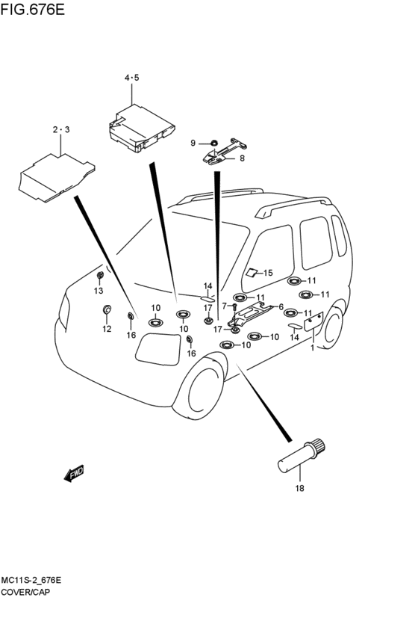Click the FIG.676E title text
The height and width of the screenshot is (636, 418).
pyautogui.click(x=32, y=9)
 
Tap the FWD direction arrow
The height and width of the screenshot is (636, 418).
pyautogui.click(x=74, y=473)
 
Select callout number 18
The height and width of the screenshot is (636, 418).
pyautogui.click(x=299, y=488)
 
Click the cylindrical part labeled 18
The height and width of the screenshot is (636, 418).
pyautogui.click(x=302, y=454)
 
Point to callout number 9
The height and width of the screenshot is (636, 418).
pyautogui.click(x=193, y=143)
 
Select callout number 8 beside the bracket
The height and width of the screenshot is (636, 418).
pyautogui.click(x=242, y=158)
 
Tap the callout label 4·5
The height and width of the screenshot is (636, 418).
pyautogui.click(x=131, y=78)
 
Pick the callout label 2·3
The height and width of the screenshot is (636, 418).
pyautogui.click(x=61, y=129)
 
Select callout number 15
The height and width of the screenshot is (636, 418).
pyautogui.click(x=268, y=273)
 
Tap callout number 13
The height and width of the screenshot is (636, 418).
pyautogui.click(x=99, y=291)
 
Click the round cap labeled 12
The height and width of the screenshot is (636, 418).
pyautogui.click(x=107, y=310)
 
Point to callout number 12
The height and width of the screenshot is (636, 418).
pyautogui.click(x=107, y=329)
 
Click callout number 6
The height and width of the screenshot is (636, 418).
pyautogui.click(x=281, y=307)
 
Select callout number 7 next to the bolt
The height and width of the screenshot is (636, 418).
pyautogui.click(x=225, y=306)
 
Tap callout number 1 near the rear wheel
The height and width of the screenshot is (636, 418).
pyautogui.click(x=312, y=348)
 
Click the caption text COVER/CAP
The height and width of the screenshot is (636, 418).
pyautogui.click(x=25, y=592)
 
